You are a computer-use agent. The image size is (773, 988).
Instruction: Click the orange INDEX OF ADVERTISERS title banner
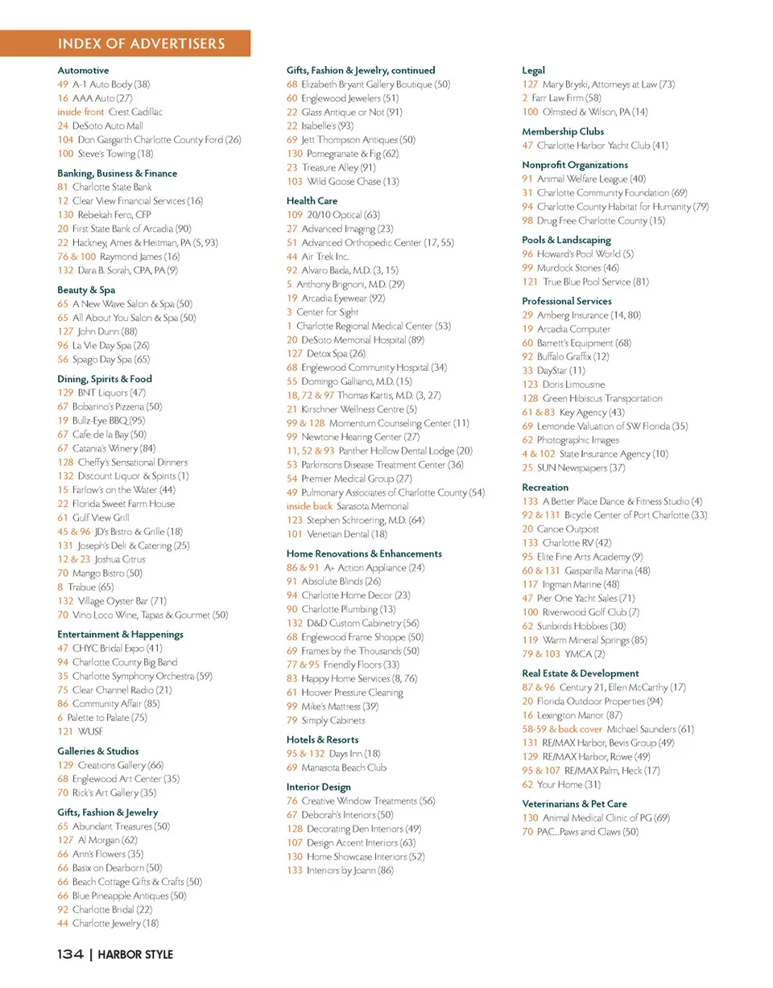pyautogui.click(x=142, y=43)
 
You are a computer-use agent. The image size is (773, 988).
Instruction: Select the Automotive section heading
pyautogui.click(x=83, y=70)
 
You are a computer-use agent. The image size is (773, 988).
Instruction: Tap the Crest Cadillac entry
pyautogui.click(x=135, y=112)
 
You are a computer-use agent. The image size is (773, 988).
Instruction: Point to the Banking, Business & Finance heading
pyautogui.click(x=117, y=173)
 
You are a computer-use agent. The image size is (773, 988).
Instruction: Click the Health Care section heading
pyautogui.click(x=312, y=200)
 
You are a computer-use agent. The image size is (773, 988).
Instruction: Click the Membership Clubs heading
pyautogui.click(x=563, y=131)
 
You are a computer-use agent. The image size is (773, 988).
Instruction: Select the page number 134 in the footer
pyautogui.click(x=70, y=955)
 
